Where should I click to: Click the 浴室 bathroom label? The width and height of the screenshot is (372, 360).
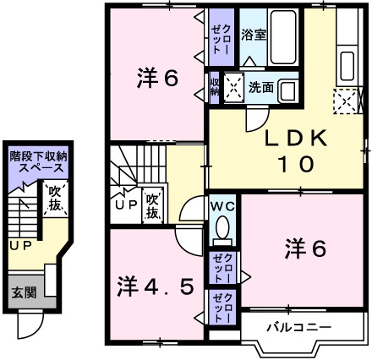tap(253, 35)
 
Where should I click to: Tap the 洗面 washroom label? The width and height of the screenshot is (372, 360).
tap(260, 87)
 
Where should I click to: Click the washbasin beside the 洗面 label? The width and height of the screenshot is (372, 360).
tap(287, 90)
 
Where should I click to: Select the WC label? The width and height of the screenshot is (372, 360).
tap(223, 206)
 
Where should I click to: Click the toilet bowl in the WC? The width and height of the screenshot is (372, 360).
tap(223, 226)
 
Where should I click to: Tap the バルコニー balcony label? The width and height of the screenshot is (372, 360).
tap(298, 326)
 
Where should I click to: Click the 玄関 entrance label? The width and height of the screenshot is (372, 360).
tap(23, 292)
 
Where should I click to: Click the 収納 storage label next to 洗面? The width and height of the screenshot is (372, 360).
tap(215, 86)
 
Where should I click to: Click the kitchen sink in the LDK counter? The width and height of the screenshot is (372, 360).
tap(346, 64)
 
